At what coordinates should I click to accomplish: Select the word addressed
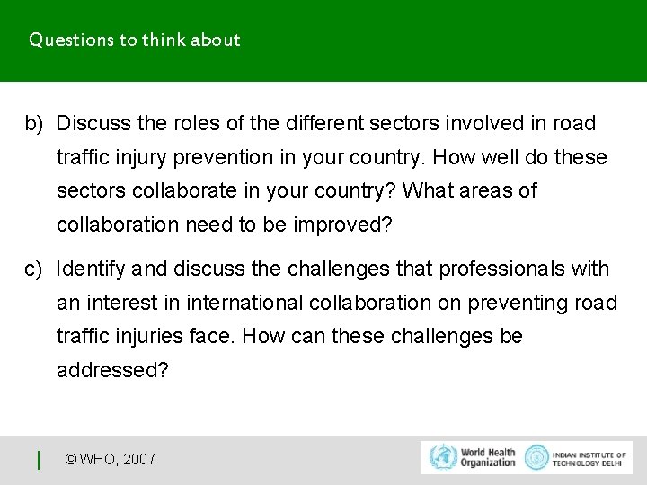click(x=111, y=370)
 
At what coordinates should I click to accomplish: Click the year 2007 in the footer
click(x=138, y=459)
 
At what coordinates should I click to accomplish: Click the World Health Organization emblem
click(x=442, y=457)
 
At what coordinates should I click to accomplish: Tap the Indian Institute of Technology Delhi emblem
click(x=536, y=457)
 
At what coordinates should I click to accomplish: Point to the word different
click(x=325, y=123)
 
